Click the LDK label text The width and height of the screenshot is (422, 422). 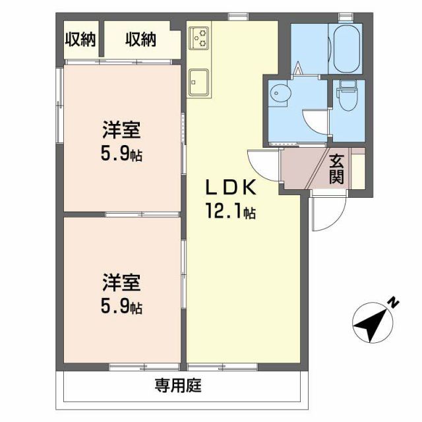click(x=230, y=189)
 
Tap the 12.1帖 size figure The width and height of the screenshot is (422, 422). click(x=230, y=212)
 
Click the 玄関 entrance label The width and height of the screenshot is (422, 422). click(x=337, y=168)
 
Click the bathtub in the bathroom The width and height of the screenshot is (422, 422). click(x=346, y=49)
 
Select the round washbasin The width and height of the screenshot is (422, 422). click(x=280, y=94)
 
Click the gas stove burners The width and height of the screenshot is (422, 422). click(x=200, y=38)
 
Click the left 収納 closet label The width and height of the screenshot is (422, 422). click(x=80, y=40)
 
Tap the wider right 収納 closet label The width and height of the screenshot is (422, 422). click(x=140, y=40)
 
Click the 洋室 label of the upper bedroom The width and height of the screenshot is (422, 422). click(x=121, y=130)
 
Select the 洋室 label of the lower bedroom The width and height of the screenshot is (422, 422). click(x=121, y=283)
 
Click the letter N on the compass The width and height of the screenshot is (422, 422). click(x=392, y=303)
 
